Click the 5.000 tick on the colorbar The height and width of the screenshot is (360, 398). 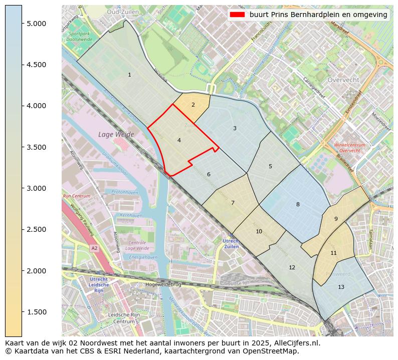pyautogui.click(x=36, y=24)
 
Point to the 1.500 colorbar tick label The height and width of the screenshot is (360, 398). pyautogui.click(x=36, y=312)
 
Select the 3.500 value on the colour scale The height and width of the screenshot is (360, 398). pyautogui.click(x=36, y=147)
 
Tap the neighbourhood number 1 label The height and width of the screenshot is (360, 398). pyautogui.click(x=129, y=75)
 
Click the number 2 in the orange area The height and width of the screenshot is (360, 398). pyautogui.click(x=193, y=105)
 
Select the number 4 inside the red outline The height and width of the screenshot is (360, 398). pyautogui.click(x=179, y=141)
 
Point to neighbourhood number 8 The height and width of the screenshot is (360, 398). pyautogui.click(x=298, y=204)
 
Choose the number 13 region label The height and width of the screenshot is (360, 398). pyautogui.click(x=341, y=287)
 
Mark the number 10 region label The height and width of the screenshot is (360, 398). pyautogui.click(x=259, y=231)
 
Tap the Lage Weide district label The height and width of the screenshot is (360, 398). pyautogui.click(x=116, y=134)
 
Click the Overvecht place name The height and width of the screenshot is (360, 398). pyautogui.click(x=343, y=80)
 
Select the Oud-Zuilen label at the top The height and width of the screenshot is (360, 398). pyautogui.click(x=123, y=11)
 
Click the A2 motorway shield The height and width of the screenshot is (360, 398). pyautogui.click(x=94, y=248)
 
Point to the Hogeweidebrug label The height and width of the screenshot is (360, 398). pyautogui.click(x=162, y=284)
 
